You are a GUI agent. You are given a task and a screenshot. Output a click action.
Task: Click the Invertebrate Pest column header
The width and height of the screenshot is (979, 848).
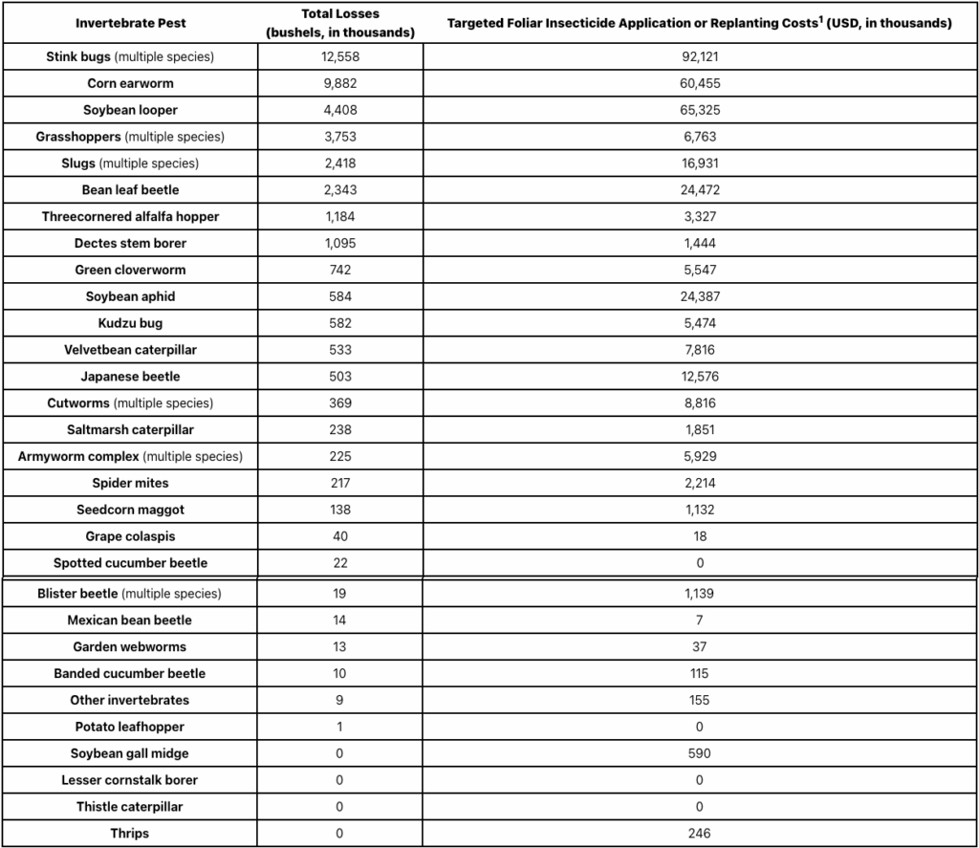(x=130, y=23)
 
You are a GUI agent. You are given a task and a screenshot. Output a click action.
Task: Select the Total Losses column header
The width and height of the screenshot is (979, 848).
(x=339, y=23)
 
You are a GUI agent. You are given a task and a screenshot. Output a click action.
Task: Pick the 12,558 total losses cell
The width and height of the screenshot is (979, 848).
(x=339, y=56)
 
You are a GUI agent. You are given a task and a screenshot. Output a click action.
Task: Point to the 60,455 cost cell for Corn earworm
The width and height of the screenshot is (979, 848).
(x=700, y=83)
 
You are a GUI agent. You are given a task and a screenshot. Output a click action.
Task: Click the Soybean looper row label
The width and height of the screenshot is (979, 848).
(x=130, y=110)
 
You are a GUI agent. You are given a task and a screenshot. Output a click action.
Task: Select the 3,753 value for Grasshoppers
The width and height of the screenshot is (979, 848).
(x=339, y=137)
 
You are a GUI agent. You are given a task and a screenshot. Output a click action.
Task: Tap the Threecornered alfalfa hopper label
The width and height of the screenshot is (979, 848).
(x=130, y=216)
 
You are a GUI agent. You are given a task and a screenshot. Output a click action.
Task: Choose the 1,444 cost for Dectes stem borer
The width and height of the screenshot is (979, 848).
(x=700, y=243)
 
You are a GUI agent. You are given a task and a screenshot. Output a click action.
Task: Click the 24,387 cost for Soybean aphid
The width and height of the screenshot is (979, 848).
(x=700, y=296)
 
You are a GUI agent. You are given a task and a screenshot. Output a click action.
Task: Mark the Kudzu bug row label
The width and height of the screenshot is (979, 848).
(x=130, y=323)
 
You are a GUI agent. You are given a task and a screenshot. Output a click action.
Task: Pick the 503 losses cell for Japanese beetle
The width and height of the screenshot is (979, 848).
(x=339, y=376)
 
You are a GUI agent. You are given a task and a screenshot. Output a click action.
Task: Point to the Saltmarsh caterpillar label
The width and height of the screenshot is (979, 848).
(x=130, y=429)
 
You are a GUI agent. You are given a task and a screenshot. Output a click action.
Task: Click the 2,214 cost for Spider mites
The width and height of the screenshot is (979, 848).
(x=700, y=483)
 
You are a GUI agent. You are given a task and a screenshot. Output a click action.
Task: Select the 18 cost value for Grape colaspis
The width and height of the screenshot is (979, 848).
(x=700, y=536)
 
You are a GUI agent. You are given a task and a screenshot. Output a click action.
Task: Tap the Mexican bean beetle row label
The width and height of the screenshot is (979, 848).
(x=130, y=620)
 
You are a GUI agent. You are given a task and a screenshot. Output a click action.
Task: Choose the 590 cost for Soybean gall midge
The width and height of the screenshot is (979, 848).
(x=700, y=753)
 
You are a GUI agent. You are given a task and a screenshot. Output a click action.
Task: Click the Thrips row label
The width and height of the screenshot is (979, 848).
(x=130, y=833)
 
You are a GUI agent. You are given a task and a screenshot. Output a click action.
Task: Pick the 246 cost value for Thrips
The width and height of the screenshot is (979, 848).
(x=700, y=833)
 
